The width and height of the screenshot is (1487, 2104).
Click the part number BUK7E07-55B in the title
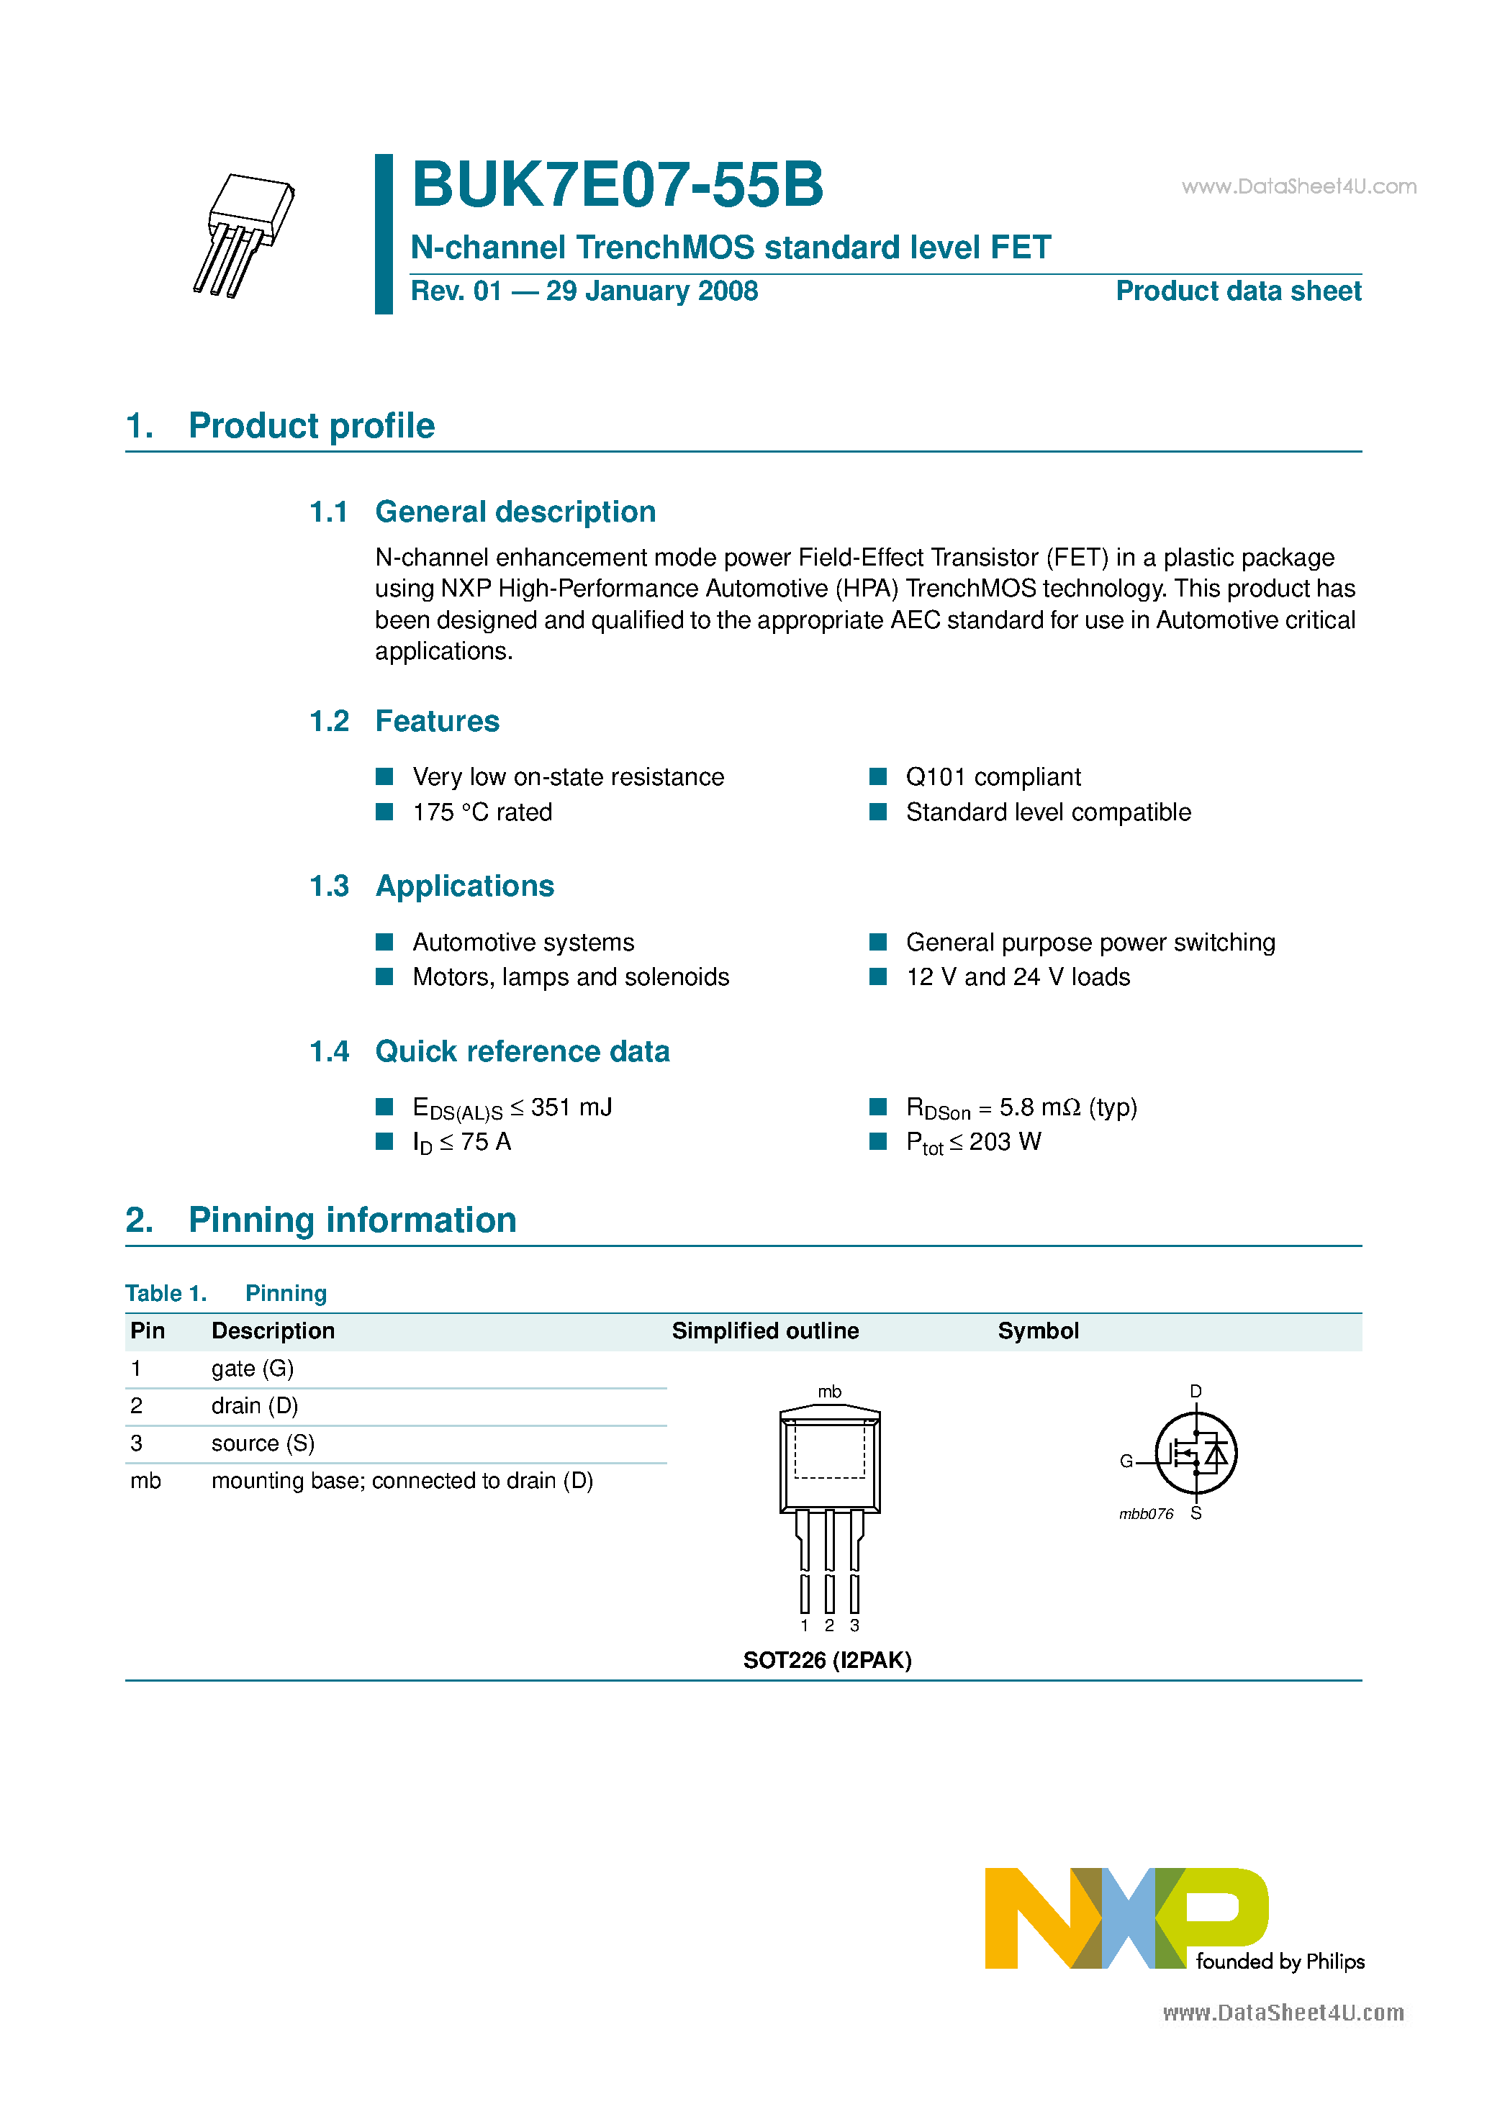(x=617, y=185)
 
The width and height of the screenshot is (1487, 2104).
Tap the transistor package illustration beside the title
(x=244, y=235)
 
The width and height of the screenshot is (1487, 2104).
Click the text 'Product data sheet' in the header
(x=1238, y=291)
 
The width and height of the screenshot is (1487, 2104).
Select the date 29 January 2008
(x=652, y=291)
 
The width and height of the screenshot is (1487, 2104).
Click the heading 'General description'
(x=515, y=512)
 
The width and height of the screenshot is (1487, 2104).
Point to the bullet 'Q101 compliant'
(x=993, y=777)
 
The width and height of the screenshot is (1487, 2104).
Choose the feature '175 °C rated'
(x=482, y=812)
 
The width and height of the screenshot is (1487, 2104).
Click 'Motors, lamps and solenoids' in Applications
(x=570, y=977)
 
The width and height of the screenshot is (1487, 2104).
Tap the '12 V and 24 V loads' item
(x=1018, y=977)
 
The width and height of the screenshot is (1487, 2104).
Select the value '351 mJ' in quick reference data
(x=571, y=1107)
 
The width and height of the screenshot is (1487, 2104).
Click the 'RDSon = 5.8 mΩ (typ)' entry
(x=1021, y=1108)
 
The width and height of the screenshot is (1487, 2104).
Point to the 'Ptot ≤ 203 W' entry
(x=974, y=1142)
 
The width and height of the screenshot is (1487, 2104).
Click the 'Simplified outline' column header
(x=764, y=1330)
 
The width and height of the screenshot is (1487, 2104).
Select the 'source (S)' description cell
(x=262, y=1443)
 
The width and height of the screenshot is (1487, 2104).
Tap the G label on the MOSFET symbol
(x=1126, y=1461)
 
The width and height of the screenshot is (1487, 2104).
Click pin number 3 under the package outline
(x=854, y=1625)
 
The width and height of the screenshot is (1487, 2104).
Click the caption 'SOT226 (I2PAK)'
(x=827, y=1661)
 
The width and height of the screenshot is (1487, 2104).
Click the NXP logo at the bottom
(x=1126, y=1918)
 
